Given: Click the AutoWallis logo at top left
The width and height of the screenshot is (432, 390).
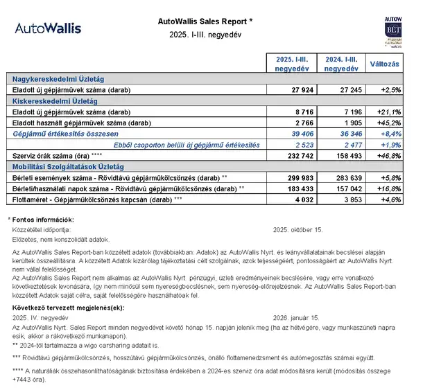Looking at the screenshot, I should pyautogui.click(x=48, y=28).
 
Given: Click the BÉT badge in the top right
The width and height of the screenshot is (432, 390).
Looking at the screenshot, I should pyautogui.click(x=393, y=35).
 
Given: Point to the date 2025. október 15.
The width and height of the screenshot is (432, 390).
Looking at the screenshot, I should pyautogui.click(x=298, y=229).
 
